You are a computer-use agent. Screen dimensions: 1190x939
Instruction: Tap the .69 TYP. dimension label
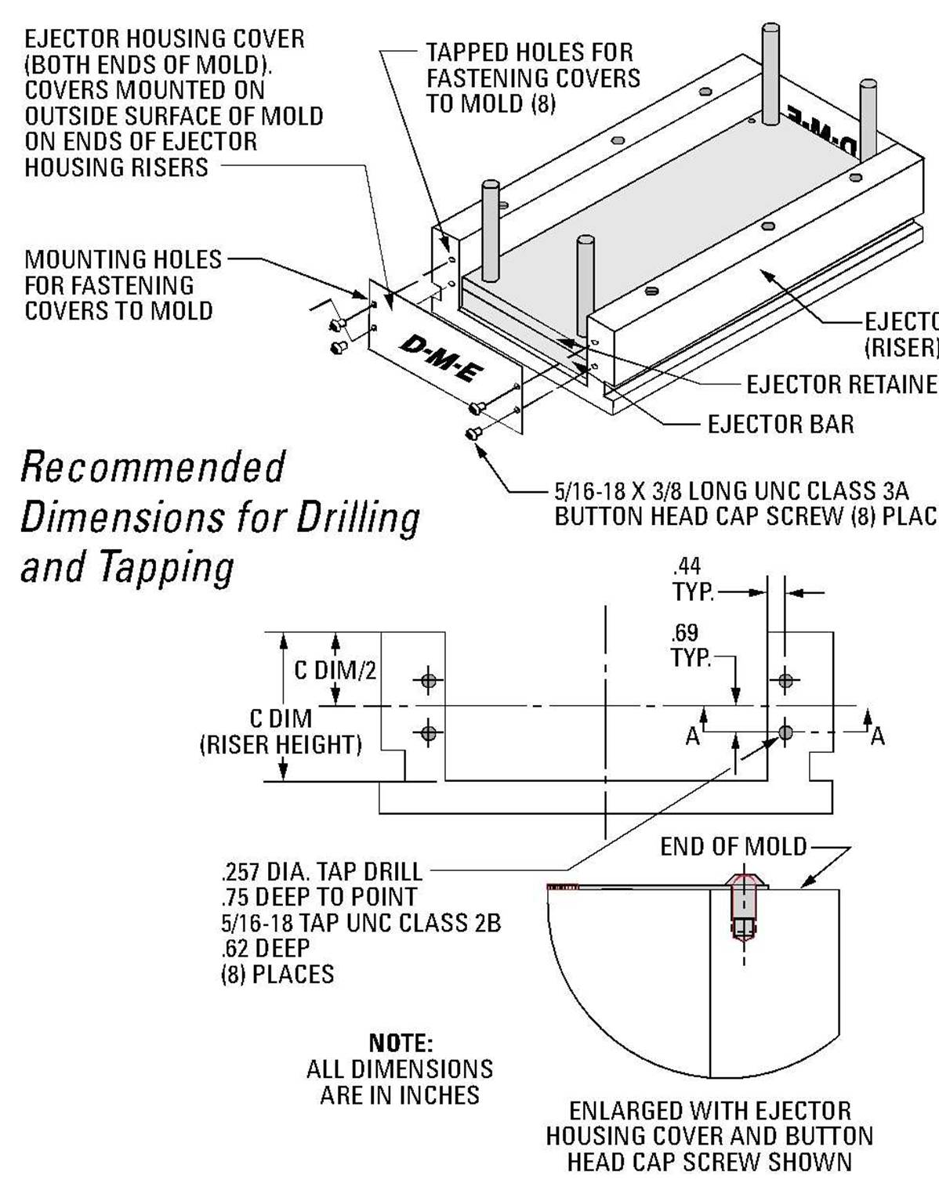690,645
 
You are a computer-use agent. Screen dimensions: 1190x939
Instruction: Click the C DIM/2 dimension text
335,671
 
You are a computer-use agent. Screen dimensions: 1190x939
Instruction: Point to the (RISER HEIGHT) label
281,744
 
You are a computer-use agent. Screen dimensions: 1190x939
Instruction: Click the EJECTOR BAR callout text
781,425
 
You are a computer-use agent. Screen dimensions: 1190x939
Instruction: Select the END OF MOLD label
733,847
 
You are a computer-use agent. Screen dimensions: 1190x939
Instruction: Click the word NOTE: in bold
401,1043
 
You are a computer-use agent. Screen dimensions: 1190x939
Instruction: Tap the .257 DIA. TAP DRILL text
322,871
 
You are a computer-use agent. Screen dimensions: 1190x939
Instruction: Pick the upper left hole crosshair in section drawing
428,681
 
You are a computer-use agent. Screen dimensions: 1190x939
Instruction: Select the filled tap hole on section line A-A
785,732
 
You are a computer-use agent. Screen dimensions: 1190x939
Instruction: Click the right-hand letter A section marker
877,736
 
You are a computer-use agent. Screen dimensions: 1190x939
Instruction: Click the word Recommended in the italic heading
152,468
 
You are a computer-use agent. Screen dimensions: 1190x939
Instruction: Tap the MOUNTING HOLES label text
123,259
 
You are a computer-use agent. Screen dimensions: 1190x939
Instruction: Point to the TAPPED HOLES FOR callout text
529,52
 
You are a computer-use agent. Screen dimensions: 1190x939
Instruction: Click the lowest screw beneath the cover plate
473,432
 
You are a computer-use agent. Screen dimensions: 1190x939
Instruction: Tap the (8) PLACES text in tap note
277,975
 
